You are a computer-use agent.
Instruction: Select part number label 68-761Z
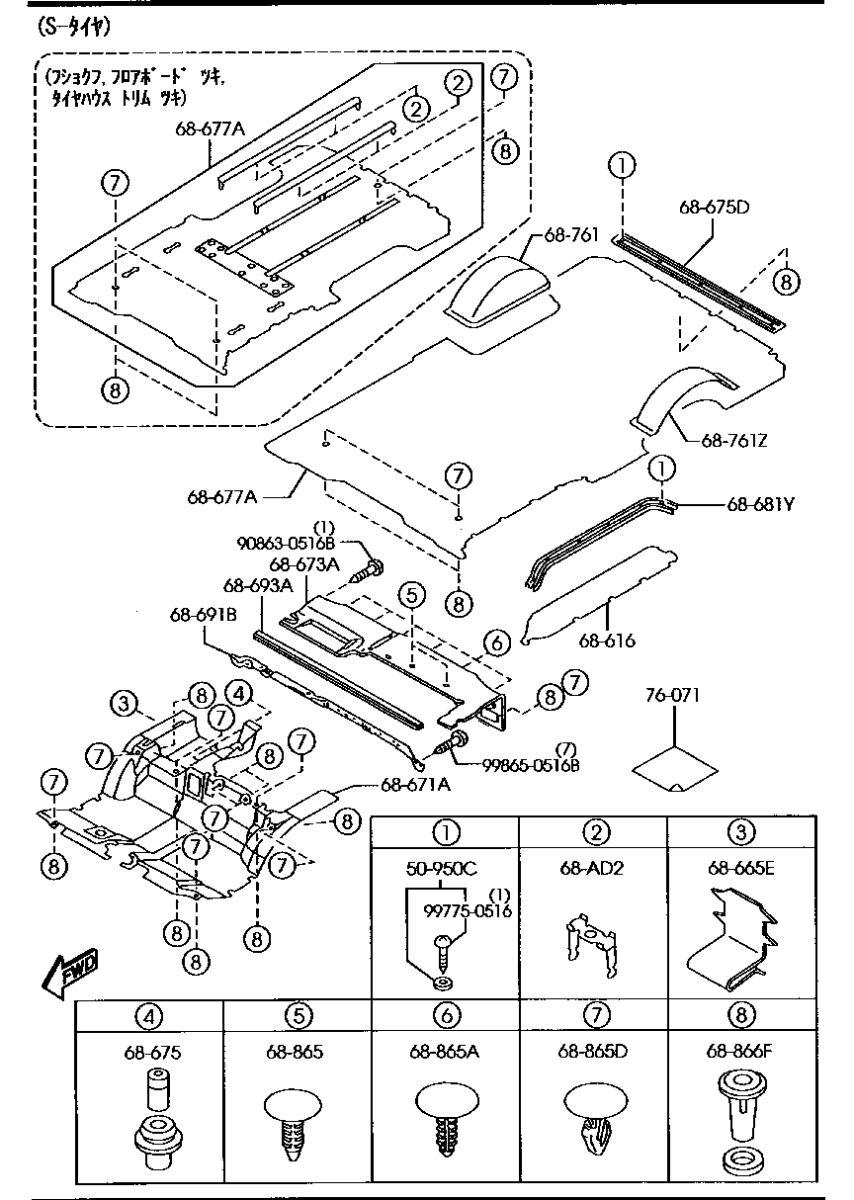(734, 440)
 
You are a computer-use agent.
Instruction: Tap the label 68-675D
(715, 207)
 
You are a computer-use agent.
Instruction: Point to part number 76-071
(672, 695)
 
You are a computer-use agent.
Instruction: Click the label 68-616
(607, 641)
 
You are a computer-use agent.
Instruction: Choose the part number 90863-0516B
(286, 544)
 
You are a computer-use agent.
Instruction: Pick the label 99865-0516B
(531, 765)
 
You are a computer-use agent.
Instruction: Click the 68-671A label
(415, 785)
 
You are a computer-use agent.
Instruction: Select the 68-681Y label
(760, 504)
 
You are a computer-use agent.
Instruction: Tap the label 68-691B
(204, 615)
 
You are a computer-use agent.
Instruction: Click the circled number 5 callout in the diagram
(411, 595)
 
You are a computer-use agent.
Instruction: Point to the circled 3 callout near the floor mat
(125, 703)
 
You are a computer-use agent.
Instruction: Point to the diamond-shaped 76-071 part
(674, 769)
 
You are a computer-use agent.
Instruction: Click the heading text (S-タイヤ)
(74, 27)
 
